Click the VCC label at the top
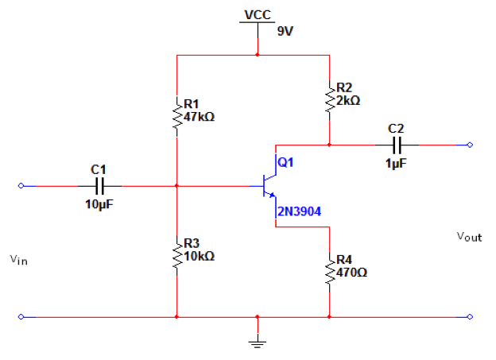tap(258, 14)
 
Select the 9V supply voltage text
tap(285, 32)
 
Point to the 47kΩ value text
tap(199, 117)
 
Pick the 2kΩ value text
tap(349, 101)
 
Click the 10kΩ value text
tap(199, 257)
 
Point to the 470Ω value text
tap(353, 273)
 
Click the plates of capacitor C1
tap(99, 186)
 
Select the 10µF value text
tap(99, 204)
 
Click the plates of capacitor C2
tap(397, 145)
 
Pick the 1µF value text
tap(397, 163)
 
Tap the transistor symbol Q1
tap(268, 186)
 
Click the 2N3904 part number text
tap(300, 211)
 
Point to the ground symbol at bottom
tap(258, 342)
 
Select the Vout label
tap(468, 237)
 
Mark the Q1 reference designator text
tap(286, 162)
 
